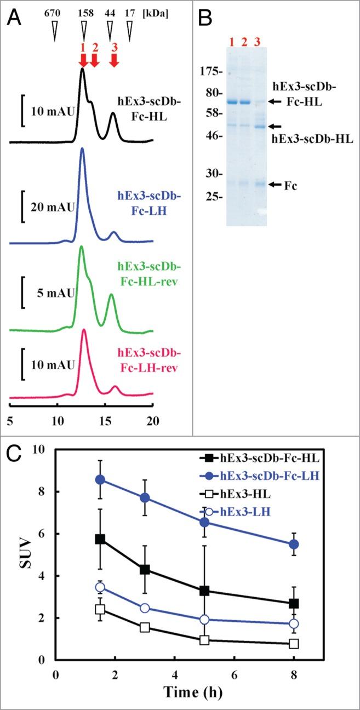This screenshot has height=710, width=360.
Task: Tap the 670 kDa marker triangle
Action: point(54,33)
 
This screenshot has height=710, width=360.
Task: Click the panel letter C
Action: point(16,454)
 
